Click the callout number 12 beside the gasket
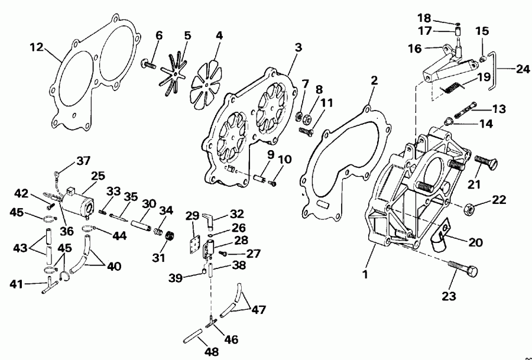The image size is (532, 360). pyautogui.click(x=37, y=47)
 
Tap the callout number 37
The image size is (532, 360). pyautogui.click(x=84, y=161)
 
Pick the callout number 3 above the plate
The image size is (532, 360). pyautogui.click(x=299, y=47)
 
